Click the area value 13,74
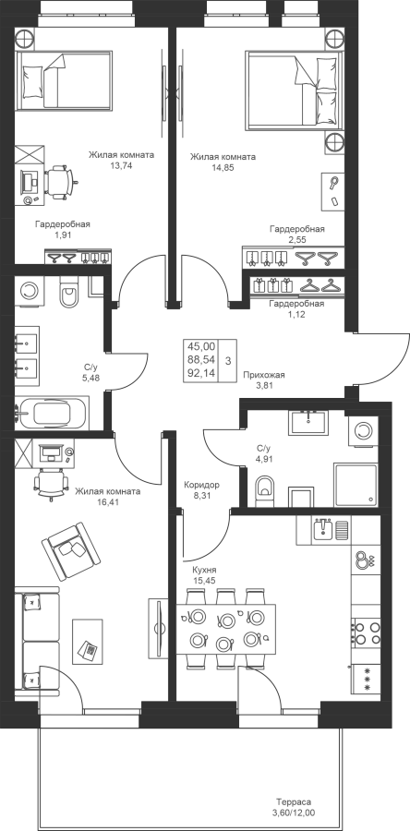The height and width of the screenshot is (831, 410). (122, 165)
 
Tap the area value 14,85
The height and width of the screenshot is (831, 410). (223, 167)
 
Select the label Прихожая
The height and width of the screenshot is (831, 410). (264, 375)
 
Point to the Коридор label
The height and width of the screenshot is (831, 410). (201, 485)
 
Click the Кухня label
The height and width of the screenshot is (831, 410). (204, 570)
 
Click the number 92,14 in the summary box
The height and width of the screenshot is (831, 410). (201, 373)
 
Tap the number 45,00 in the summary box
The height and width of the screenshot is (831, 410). (201, 346)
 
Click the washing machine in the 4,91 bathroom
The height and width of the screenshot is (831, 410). (364, 430)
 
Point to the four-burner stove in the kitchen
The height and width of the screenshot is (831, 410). (366, 632)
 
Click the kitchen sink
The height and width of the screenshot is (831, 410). (323, 529)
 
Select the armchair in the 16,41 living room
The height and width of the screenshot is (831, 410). (71, 551)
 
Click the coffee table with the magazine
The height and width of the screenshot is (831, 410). (88, 643)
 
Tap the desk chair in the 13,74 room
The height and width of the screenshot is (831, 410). (58, 182)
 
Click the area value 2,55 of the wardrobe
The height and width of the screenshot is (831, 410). (296, 239)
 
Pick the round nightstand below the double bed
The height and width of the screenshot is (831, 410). (334, 142)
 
